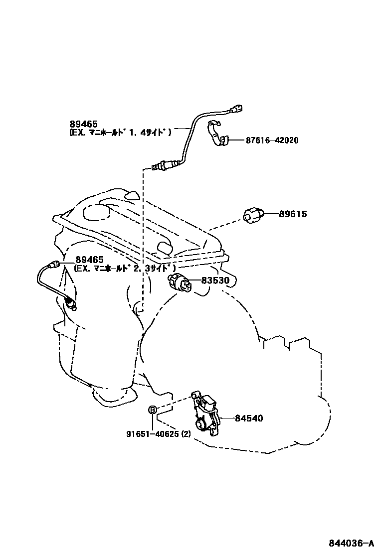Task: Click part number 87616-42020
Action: point(272,140)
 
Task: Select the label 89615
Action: point(293,214)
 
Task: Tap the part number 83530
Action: point(215,280)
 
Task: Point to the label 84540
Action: point(249,418)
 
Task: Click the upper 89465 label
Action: point(83,124)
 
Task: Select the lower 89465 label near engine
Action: point(90,260)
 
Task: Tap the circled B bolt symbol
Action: point(153,410)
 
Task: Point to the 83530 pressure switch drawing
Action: point(181,281)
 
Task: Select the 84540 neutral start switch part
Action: point(206,416)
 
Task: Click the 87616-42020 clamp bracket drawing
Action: point(216,133)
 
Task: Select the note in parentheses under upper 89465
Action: point(120,133)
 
